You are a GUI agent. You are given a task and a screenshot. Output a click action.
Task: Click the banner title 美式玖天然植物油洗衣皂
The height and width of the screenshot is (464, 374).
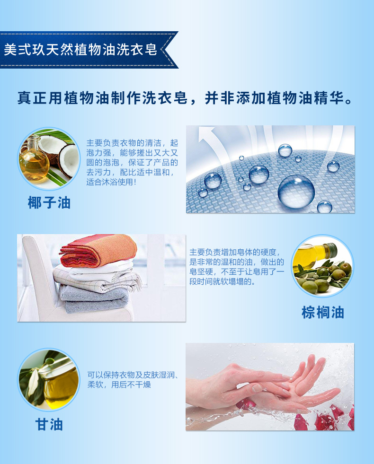point(80,49)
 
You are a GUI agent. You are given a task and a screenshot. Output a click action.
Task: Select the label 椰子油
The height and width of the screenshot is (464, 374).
point(49,203)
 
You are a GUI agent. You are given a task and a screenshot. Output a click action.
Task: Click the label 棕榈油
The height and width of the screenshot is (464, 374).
point(323,313)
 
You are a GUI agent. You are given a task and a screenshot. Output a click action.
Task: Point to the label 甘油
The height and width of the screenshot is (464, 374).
point(49,424)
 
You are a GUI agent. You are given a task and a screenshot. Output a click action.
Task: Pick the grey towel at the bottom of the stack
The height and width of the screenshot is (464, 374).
point(94,299)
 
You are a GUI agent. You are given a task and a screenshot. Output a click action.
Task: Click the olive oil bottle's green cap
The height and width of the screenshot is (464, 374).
point(331,249)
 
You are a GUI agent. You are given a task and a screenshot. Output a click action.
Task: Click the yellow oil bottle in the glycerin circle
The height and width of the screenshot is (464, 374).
point(59,385)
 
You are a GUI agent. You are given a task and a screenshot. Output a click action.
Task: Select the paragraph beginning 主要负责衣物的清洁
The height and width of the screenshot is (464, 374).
point(132,162)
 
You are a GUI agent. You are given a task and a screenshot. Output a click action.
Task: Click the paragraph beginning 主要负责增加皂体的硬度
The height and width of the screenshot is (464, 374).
point(237,267)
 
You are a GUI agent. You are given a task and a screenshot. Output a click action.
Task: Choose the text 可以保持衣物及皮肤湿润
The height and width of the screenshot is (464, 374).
point(132,375)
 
